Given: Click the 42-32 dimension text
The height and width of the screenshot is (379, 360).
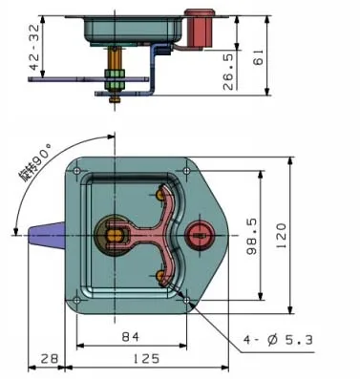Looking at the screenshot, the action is pyautogui.click(x=34, y=47).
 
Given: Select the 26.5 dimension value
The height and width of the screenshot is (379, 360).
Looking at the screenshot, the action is pyautogui.click(x=228, y=72).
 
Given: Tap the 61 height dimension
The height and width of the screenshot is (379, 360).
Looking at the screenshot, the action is pyautogui.click(x=258, y=57).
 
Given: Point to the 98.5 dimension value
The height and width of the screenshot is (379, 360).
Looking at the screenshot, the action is pyautogui.click(x=252, y=237).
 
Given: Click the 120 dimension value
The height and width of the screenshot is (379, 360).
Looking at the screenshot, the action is pyautogui.click(x=281, y=236).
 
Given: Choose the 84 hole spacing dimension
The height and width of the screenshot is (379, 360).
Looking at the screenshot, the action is pyautogui.click(x=131, y=337).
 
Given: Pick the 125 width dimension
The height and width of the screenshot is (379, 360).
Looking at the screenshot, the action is pyautogui.click(x=146, y=359).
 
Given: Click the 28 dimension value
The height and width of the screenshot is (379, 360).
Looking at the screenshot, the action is pyautogui.click(x=50, y=359).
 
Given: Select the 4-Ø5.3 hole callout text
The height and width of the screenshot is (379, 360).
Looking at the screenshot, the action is pyautogui.click(x=278, y=340).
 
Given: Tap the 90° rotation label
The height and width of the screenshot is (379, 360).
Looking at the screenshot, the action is pyautogui.click(x=36, y=162).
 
